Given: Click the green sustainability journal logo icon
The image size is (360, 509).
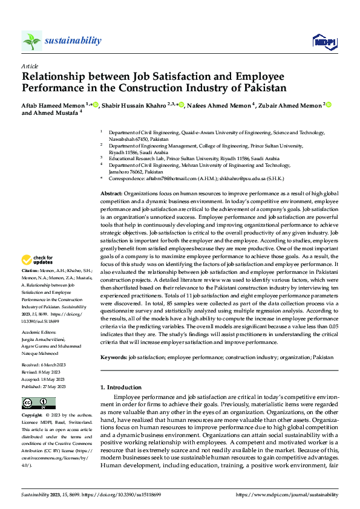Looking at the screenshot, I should [32, 41].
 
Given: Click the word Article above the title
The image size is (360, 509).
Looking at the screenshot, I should [30, 66].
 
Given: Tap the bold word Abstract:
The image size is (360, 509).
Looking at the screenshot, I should [112, 192].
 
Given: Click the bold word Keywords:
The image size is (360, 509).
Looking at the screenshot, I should [114, 357].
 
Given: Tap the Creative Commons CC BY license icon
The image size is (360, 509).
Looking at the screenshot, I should [38, 403].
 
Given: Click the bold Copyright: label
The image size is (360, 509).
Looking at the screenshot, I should [32, 416].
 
